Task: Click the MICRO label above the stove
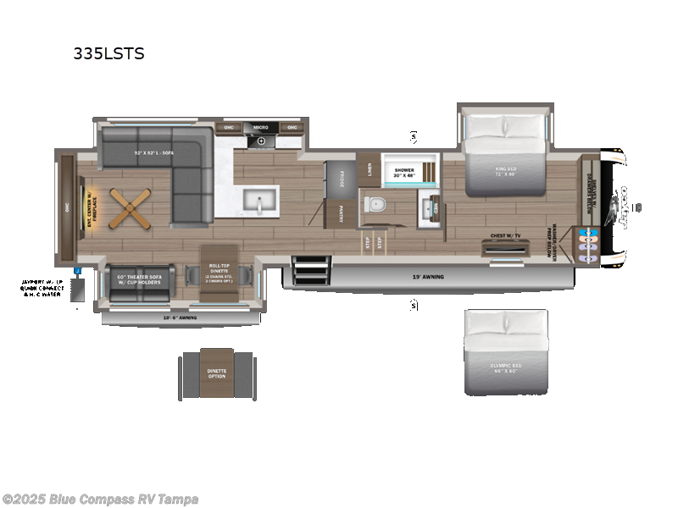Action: [x=261, y=127]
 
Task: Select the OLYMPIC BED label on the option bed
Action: [x=505, y=368]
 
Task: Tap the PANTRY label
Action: [x=341, y=212]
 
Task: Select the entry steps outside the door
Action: [x=303, y=271]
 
